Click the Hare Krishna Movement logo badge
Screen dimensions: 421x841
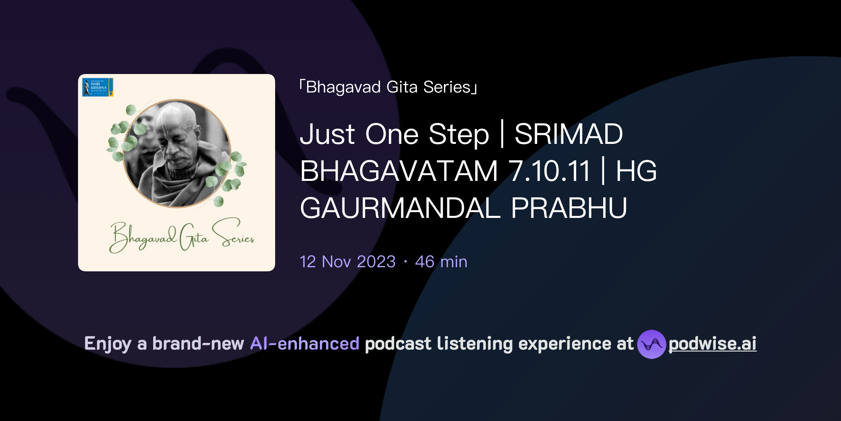[98, 87]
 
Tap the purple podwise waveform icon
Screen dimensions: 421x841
[651, 344]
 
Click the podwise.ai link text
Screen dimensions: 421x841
[712, 344]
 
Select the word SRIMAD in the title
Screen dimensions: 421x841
[568, 134]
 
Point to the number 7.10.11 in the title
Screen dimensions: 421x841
[549, 171]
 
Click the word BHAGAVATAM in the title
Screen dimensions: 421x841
[399, 171]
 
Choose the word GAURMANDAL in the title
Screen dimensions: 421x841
[400, 208]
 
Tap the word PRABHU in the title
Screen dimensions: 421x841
[569, 208]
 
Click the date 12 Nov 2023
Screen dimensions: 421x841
[347, 262]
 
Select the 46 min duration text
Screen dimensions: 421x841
[441, 262]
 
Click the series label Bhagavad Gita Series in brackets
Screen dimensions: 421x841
[388, 87]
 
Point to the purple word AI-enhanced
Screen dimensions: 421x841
[305, 344]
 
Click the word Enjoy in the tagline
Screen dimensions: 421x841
[108, 344]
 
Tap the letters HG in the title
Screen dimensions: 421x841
[636, 171]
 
